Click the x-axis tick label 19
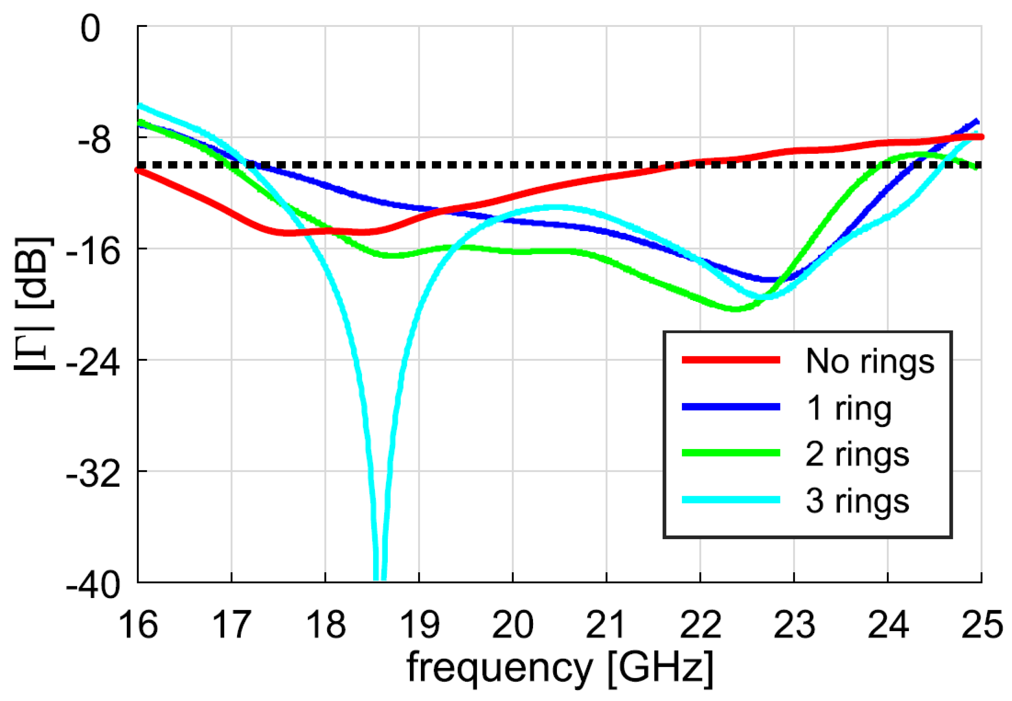(x=419, y=624)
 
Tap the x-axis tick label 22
(x=700, y=624)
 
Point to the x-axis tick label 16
(x=138, y=624)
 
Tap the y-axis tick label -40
(x=93, y=586)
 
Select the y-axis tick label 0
(x=90, y=29)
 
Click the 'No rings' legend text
(x=870, y=362)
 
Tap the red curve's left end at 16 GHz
(x=139, y=170)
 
